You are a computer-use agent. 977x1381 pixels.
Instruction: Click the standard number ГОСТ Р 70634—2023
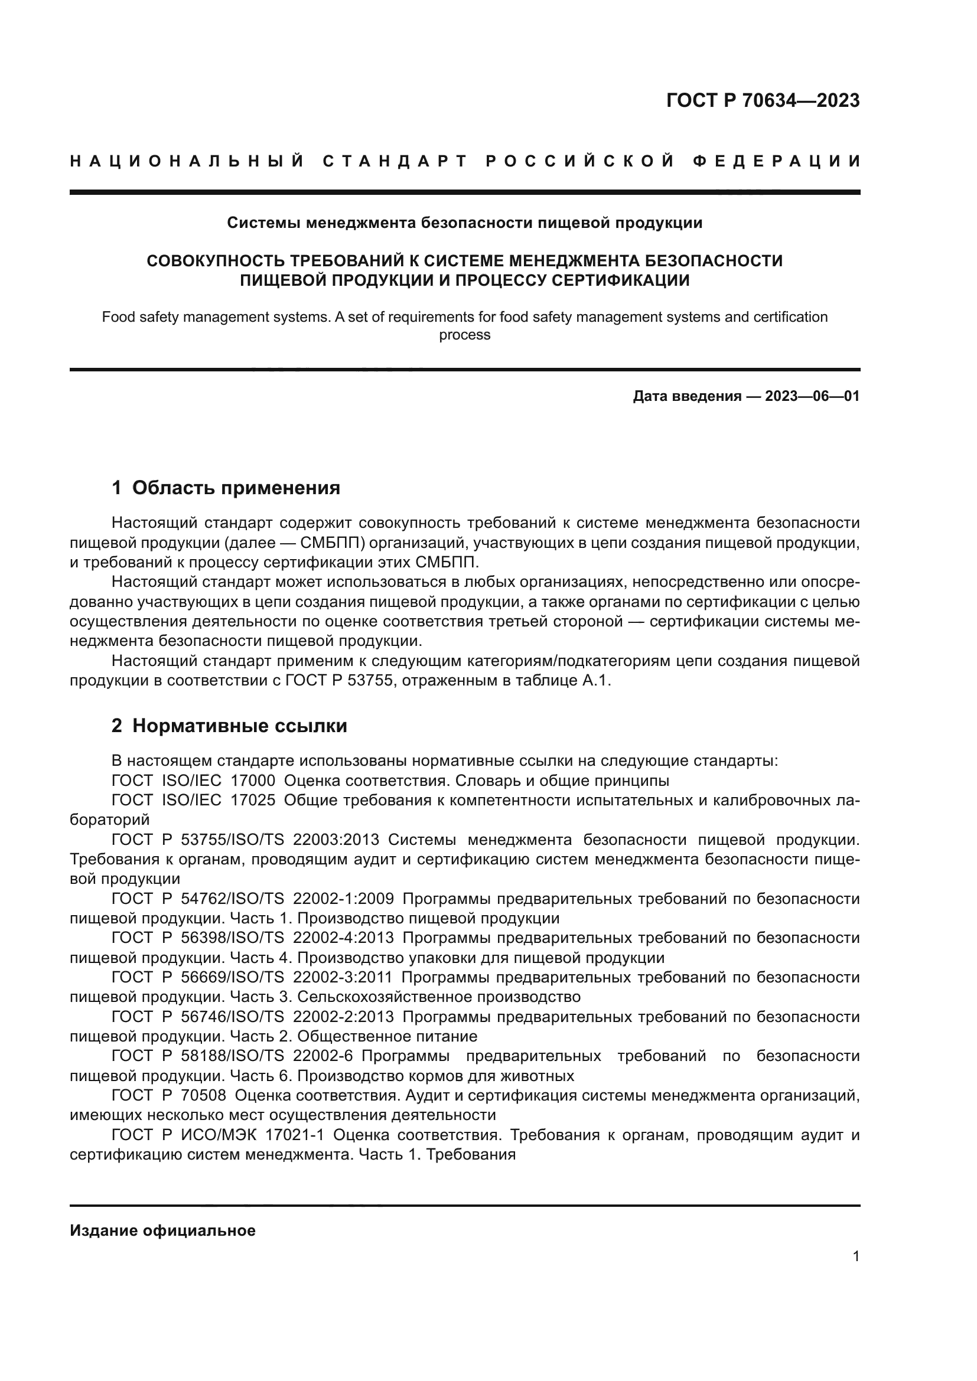(763, 100)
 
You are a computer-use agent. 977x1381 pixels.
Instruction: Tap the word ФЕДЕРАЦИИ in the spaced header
(777, 161)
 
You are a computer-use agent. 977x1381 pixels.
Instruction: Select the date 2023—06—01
(812, 396)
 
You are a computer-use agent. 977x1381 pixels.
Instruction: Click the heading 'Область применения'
(236, 487)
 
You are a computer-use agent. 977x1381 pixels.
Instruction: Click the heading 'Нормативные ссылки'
(239, 726)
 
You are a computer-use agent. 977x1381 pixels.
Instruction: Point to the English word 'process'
(464, 335)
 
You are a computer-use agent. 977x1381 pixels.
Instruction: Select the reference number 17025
(253, 801)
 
